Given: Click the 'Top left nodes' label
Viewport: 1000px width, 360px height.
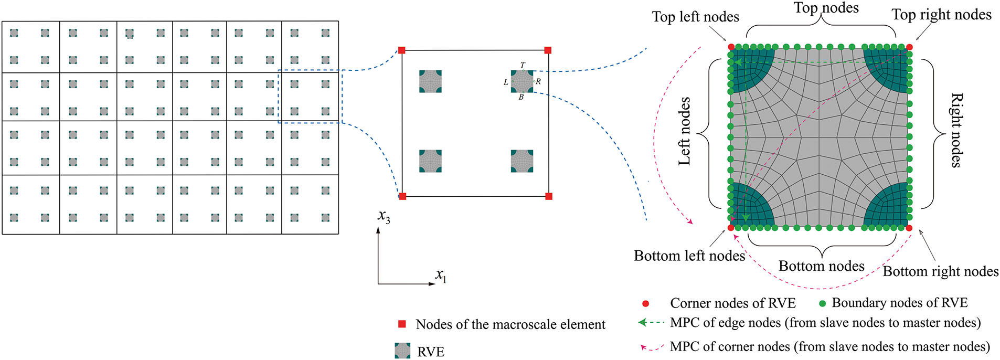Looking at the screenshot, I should tap(695, 17).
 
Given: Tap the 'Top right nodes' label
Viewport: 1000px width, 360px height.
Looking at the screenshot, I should tap(941, 15).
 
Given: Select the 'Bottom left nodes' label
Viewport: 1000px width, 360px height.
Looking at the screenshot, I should tap(689, 256).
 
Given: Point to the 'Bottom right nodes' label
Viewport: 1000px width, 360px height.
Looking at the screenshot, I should tap(940, 271).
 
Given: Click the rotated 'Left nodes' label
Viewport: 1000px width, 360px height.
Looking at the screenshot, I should tap(684, 132).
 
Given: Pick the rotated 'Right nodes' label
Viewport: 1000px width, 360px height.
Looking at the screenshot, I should tap(956, 130).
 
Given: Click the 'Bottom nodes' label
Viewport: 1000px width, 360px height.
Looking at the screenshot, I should tap(821, 266).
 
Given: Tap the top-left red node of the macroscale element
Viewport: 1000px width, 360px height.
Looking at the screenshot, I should tap(402, 50).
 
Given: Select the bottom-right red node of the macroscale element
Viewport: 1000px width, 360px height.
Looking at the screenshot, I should tap(549, 196).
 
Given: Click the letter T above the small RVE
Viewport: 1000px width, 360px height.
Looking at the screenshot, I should tap(523, 65).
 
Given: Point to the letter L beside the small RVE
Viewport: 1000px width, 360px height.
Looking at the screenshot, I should tap(506, 82).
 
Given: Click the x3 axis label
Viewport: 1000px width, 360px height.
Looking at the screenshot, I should tap(384, 216).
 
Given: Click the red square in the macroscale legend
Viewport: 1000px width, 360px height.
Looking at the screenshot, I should tap(402, 324).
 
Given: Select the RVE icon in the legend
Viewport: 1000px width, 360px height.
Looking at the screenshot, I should tap(402, 351).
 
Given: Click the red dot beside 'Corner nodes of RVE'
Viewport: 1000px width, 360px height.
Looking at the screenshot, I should tap(646, 303).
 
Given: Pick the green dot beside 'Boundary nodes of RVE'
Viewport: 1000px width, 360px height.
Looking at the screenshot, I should tap(822, 303).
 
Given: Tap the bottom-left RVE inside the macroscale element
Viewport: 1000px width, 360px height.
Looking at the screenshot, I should tap(430, 161).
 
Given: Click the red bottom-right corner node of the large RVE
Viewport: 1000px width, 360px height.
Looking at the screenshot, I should tap(909, 228).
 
